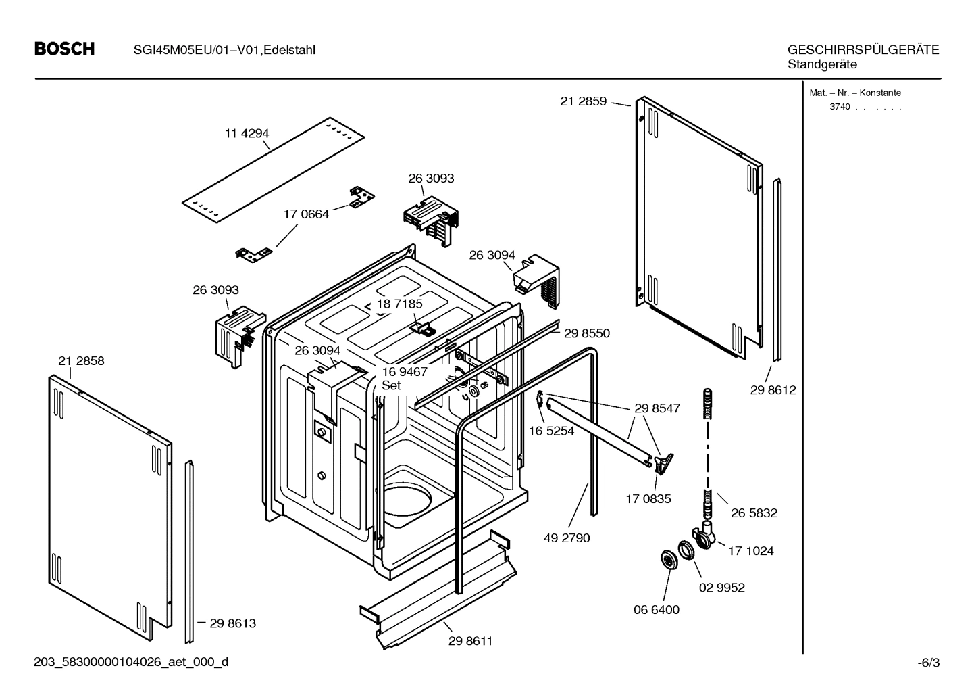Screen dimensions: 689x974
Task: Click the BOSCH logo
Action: point(64,49)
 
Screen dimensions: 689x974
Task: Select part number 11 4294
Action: point(247,134)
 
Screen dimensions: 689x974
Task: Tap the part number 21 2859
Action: point(583,102)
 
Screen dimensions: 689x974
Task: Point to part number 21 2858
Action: point(81,361)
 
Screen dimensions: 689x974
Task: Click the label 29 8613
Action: point(232,623)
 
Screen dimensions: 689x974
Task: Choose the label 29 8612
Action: point(773,390)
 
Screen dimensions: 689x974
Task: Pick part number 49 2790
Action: point(567,538)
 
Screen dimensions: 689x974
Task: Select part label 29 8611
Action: point(470,641)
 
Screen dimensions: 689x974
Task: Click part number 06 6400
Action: point(656,609)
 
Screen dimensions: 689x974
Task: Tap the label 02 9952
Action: point(721,588)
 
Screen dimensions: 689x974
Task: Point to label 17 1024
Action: point(750,551)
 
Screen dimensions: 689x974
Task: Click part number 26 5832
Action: point(754,513)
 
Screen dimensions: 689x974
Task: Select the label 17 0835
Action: point(648,499)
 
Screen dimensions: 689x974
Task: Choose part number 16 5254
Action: point(551,431)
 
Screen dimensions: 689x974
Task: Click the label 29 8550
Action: point(586,333)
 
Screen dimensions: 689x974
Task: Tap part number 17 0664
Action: point(306,214)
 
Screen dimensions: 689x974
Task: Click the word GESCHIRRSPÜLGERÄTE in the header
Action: point(863,50)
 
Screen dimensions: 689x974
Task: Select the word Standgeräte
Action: point(822,65)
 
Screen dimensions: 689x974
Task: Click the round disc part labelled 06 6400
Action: point(669,560)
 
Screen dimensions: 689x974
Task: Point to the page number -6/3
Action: point(929,663)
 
